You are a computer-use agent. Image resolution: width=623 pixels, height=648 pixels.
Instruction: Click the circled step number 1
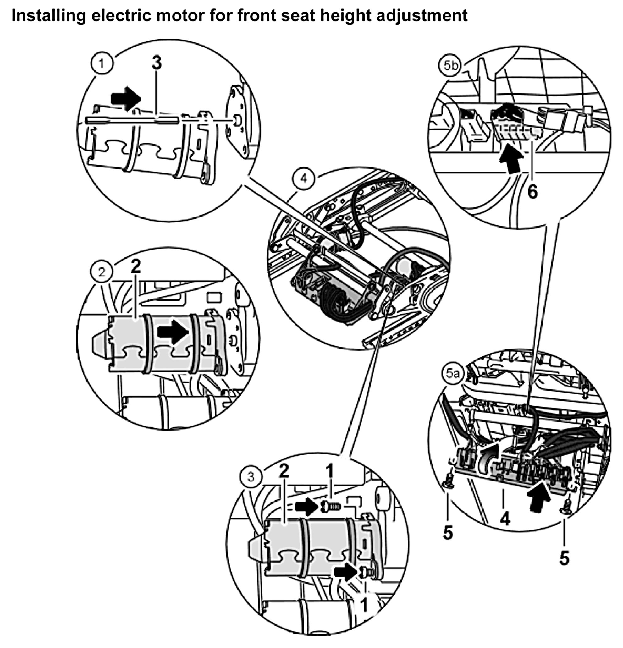[102, 63]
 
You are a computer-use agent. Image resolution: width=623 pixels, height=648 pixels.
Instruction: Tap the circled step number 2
[102, 272]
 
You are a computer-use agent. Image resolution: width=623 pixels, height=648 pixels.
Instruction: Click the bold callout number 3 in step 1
[157, 63]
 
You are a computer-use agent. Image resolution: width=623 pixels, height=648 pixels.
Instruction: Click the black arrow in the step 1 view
[126, 98]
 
